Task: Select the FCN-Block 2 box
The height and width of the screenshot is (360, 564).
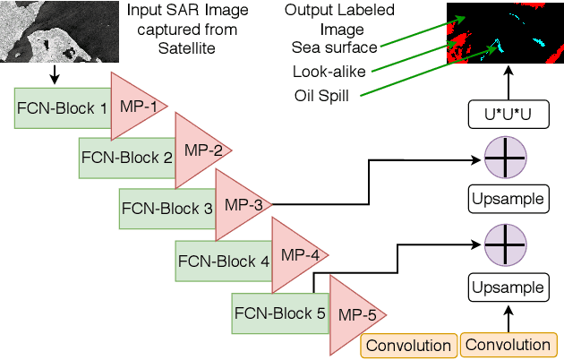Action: click(x=126, y=158)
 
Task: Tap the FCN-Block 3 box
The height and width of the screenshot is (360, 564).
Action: click(x=167, y=209)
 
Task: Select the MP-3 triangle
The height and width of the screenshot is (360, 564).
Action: click(x=239, y=205)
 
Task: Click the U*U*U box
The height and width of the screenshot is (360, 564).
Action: click(x=508, y=114)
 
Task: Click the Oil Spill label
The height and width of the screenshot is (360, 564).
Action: click(x=321, y=95)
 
